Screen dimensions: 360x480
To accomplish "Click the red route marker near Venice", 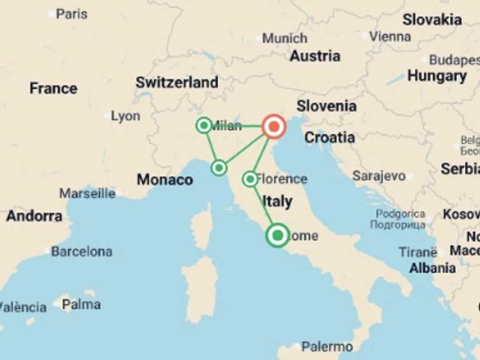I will pos(273,126).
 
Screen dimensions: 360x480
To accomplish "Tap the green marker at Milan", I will pos(204,126).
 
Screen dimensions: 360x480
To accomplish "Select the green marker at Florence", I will pos(250,179).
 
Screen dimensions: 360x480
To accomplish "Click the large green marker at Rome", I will pos(277,236).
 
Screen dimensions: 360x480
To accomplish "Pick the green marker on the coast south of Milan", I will pos(219,167).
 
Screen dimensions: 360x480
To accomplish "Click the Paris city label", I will pos(71,13).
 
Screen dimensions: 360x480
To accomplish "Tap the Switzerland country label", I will pos(177,82).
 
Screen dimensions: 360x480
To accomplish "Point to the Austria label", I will pos(315,56).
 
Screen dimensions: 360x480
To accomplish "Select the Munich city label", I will pos(284,38).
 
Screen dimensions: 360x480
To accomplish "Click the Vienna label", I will pos(390,36).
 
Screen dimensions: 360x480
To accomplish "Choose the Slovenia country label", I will pos(326,106).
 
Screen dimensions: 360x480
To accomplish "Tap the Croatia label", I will pos(329,137).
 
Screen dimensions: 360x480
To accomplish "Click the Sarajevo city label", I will pos(379,176).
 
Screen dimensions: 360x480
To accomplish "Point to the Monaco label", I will pos(165,180).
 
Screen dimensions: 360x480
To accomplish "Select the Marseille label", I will pos(87,193).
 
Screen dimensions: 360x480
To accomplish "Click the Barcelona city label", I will pos(81,252).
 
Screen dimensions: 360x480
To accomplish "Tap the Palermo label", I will pos(327,346).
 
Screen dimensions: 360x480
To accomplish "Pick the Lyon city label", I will pos(125,116).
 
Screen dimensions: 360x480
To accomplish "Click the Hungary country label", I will pos(437,76).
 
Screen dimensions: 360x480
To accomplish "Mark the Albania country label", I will pos(432,268).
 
